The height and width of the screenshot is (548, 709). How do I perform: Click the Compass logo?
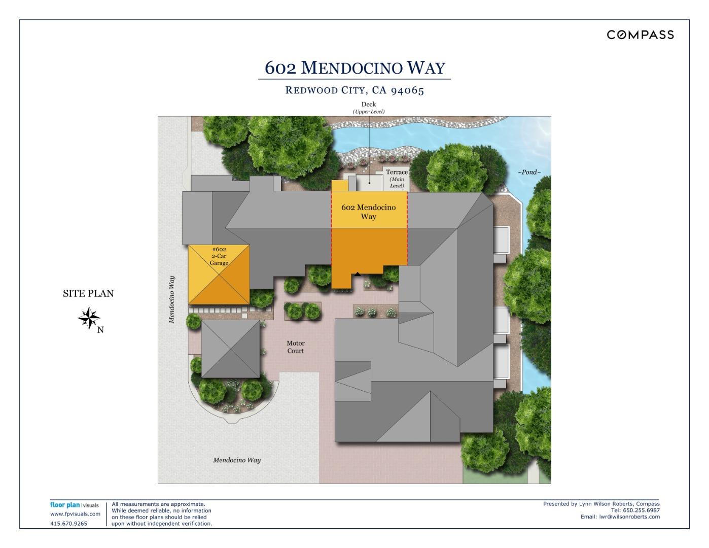pyautogui.click(x=640, y=35)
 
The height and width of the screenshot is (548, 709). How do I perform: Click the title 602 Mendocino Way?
pyautogui.click(x=354, y=67)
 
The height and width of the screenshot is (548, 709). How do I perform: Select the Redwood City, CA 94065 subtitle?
pyautogui.click(x=354, y=90)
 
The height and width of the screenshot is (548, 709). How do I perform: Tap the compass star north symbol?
pyautogui.click(x=89, y=319)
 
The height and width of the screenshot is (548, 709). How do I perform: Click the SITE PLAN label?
pyautogui.click(x=88, y=293)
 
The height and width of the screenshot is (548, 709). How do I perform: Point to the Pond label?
pyautogui.click(x=529, y=172)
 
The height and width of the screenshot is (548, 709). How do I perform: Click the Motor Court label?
pyautogui.click(x=295, y=347)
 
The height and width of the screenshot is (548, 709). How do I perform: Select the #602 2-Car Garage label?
pyautogui.click(x=219, y=256)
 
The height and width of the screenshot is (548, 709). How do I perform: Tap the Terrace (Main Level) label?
pyautogui.click(x=397, y=179)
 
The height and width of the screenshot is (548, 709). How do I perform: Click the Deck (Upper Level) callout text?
pyautogui.click(x=369, y=108)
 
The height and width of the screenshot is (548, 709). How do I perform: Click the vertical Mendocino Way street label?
pyautogui.click(x=172, y=299)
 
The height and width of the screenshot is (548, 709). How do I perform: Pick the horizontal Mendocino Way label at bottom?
pyautogui.click(x=237, y=460)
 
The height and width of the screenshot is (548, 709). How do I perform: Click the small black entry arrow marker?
pyautogui.click(x=358, y=275)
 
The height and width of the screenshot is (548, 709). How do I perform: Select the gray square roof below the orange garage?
pyautogui.click(x=230, y=349)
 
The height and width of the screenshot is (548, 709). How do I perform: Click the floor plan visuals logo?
pyautogui.click(x=75, y=505)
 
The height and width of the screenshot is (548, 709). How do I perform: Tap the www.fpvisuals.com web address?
pyautogui.click(x=75, y=514)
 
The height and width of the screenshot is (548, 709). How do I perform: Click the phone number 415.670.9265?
pyautogui.click(x=68, y=524)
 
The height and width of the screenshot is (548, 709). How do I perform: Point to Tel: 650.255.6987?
pyautogui.click(x=635, y=510)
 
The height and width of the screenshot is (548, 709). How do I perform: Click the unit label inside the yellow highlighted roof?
pyautogui.click(x=369, y=212)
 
